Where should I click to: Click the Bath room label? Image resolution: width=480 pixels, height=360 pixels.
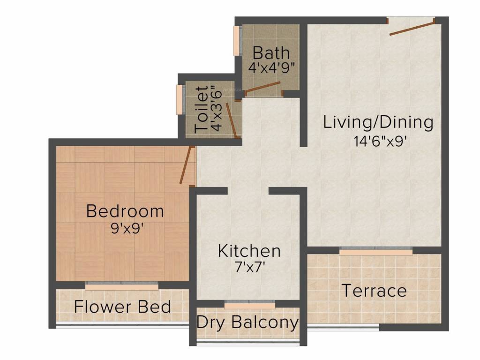pos(271,52)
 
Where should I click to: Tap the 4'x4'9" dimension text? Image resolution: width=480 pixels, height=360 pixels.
pos(271,67)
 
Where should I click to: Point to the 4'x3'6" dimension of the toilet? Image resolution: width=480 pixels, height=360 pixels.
pos(216,109)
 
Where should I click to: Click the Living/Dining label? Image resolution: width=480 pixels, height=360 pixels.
pos(378,122)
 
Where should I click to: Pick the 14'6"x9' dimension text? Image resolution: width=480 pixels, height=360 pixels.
pos(379,141)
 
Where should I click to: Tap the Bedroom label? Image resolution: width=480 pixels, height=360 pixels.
pos(125,211)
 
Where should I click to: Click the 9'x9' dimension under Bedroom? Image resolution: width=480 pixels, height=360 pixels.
pos(125,229)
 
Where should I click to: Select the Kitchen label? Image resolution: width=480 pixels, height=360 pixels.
pos(249,251)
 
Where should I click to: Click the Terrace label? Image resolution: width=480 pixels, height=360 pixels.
pos(374,291)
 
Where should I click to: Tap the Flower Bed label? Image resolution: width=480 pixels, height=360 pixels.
pos(122,307)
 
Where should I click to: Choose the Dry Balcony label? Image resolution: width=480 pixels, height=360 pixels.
pos(247,322)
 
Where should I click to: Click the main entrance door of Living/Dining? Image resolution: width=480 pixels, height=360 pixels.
pos(411,27)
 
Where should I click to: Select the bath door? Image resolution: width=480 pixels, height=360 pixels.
pos(263,87)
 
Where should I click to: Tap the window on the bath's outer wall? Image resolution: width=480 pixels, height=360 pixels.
pos(236,41)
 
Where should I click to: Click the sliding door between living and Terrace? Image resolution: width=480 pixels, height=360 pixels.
pos(376,252)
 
